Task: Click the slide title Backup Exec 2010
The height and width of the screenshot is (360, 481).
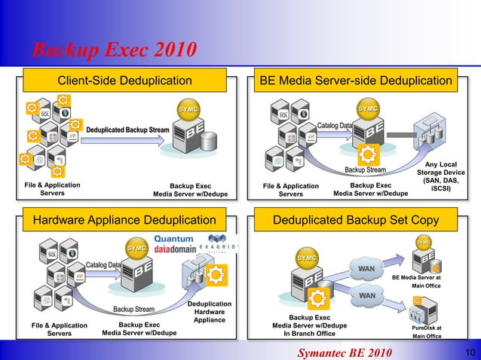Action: pos(115,50)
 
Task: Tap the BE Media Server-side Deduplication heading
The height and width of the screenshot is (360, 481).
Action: pos(356,81)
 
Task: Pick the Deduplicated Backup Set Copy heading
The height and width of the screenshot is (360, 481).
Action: pos(356,220)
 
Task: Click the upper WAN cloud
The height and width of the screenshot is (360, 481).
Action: pos(367,268)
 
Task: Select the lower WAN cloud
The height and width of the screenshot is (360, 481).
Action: pos(367,296)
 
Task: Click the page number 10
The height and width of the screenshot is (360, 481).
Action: pos(469,352)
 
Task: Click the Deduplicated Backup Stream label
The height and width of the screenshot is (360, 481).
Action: pos(127,130)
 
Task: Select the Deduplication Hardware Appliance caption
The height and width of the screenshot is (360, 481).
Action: pos(210,312)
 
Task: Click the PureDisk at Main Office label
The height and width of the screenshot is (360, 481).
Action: pos(427,332)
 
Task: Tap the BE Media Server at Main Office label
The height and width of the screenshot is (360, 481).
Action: pos(427,282)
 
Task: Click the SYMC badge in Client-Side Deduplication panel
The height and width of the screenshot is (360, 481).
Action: pos(188,110)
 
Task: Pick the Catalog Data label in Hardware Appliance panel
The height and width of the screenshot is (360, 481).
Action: pos(103,265)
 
